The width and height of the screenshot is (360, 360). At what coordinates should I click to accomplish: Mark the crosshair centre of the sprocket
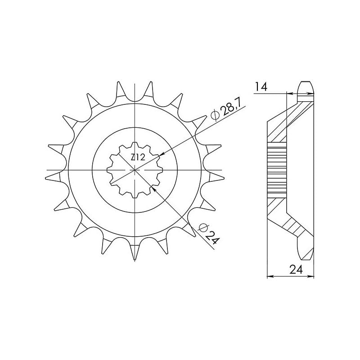(x=135, y=170)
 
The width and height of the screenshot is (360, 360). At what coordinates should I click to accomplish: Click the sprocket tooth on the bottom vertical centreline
(x=135, y=254)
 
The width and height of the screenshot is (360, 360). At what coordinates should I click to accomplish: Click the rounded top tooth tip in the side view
(x=305, y=85)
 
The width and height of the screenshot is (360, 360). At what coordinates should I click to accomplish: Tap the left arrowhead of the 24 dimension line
(x=270, y=276)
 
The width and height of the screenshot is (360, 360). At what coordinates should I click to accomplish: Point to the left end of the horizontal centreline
(x=47, y=170)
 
